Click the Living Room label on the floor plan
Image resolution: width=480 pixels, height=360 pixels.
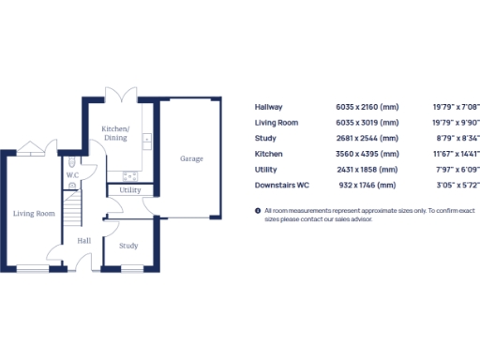34,214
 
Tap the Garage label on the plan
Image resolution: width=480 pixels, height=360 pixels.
191,159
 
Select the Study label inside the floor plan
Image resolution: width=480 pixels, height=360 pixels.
128,246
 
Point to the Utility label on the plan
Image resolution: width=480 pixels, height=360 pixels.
130,190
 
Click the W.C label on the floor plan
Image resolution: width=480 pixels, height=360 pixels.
72,175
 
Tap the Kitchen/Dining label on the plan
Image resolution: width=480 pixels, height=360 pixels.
116,132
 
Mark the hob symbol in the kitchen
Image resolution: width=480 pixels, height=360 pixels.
129,174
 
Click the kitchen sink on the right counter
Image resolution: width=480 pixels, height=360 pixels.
147,141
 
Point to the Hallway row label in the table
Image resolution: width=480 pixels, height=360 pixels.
269,107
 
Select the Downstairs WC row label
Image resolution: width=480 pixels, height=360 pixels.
282,184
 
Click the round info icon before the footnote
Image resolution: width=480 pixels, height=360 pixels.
258,211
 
